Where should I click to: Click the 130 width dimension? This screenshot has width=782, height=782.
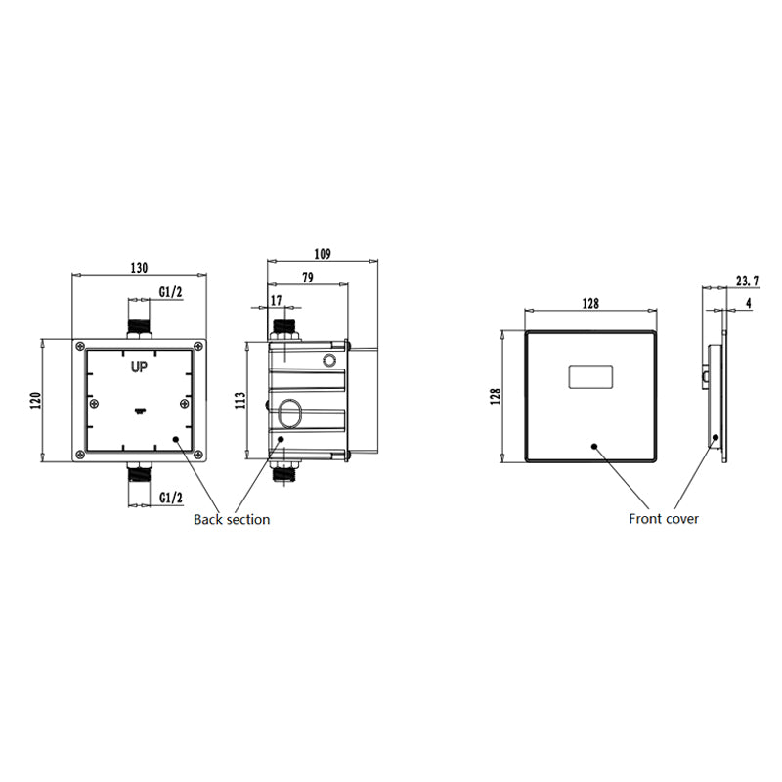tap(139, 267)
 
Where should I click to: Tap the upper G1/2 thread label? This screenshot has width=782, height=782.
tap(171, 292)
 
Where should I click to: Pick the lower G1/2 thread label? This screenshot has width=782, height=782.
tap(171, 498)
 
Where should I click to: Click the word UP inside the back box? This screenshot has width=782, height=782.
tap(139, 368)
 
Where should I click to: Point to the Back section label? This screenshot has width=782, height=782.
tap(232, 519)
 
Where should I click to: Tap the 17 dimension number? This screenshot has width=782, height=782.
tap(276, 300)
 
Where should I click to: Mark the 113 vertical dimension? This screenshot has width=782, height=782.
tap(240, 400)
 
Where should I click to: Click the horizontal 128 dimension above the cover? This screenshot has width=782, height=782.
tap(590, 304)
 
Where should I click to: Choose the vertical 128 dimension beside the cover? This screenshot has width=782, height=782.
tap(496, 396)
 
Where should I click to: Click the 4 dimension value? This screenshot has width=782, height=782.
tap(748, 304)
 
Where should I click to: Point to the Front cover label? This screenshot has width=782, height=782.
tap(664, 519)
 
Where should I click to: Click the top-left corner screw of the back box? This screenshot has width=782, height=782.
tap(80, 346)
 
